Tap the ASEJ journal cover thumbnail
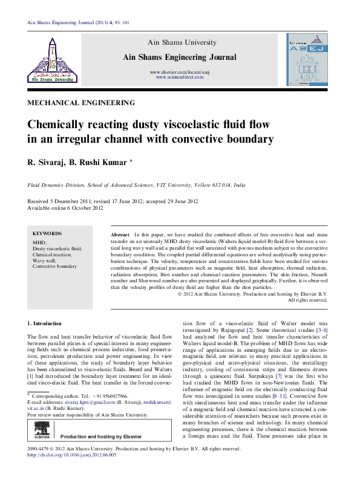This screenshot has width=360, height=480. [x=306, y=58]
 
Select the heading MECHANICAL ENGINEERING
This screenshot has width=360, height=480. [x=81, y=103]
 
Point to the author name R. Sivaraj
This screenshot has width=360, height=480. [x=46, y=162]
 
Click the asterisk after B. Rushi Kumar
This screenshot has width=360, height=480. [x=131, y=161]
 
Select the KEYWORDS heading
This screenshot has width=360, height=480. [x=47, y=233]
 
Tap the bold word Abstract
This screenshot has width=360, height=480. [x=120, y=233]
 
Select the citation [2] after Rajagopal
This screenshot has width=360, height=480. [x=249, y=330]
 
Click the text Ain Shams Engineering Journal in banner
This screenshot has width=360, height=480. [x=180, y=57]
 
